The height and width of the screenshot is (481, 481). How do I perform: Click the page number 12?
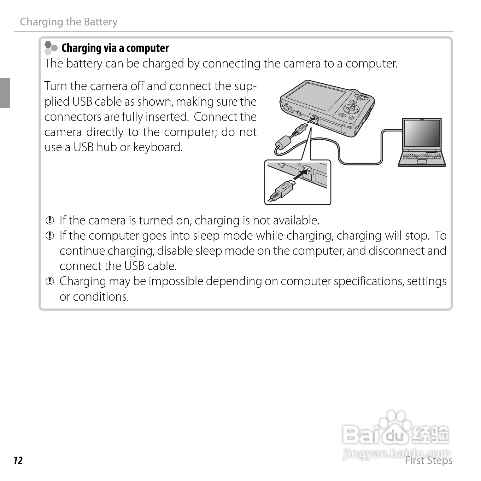(18, 461)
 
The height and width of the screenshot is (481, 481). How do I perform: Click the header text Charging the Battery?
(69, 22)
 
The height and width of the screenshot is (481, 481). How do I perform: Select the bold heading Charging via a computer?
(115, 48)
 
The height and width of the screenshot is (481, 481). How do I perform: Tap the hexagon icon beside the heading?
(51, 48)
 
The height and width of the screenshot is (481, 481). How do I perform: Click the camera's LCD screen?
(316, 99)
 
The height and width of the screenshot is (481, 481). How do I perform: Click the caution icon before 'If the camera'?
(50, 221)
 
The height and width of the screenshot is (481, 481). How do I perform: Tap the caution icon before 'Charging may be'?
(50, 282)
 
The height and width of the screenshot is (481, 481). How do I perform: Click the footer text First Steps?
(428, 461)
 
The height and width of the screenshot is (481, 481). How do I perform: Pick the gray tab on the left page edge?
(5, 93)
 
